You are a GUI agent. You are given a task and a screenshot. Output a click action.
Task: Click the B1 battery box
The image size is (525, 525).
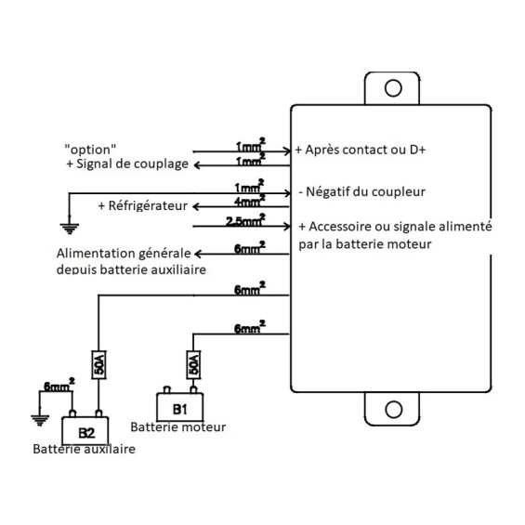(x=179, y=407)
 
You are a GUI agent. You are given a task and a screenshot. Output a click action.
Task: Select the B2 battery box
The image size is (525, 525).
(x=85, y=431)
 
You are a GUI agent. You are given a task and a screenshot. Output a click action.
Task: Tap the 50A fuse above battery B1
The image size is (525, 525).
(x=193, y=364)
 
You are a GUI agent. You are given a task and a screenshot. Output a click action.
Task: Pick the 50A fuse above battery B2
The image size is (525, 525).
(x=98, y=364)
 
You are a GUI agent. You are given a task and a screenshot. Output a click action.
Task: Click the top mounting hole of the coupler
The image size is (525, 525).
(x=393, y=88)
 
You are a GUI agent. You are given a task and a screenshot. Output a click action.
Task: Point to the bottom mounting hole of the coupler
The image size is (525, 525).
(x=393, y=409)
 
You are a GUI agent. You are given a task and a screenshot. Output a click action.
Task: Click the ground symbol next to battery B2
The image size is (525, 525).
(x=40, y=420)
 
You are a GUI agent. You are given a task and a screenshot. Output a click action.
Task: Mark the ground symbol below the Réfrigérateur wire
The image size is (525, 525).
(x=70, y=229)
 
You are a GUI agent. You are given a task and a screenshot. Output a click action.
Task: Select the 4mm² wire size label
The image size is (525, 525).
(x=249, y=200)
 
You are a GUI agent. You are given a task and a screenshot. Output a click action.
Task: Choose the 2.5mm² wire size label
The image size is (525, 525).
(x=245, y=219)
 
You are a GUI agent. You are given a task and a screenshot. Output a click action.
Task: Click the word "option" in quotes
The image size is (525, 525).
(x=90, y=150)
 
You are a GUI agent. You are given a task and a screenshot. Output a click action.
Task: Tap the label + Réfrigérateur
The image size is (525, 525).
(x=143, y=205)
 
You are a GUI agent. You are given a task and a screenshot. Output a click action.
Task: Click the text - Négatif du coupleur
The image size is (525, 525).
(x=362, y=191)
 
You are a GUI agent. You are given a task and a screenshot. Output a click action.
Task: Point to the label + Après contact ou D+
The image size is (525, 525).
(x=361, y=150)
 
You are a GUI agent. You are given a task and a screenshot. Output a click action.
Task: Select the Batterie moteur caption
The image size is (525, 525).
(x=178, y=427)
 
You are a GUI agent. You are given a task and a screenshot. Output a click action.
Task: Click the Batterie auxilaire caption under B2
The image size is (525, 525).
(x=84, y=449)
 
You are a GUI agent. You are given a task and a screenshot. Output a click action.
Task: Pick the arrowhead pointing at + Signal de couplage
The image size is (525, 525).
(x=197, y=165)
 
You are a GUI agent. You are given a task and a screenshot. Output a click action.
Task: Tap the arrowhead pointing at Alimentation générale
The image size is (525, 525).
(x=198, y=254)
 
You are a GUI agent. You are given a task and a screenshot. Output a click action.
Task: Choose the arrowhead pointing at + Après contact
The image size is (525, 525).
(x=287, y=151)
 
